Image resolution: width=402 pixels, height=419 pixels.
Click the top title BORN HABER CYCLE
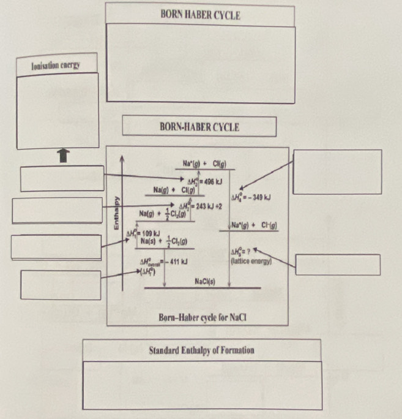point(200,15)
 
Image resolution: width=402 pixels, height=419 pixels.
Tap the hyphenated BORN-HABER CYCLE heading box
point(199,127)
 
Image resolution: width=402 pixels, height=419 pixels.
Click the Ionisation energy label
point(56,64)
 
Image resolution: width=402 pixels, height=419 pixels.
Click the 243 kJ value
point(205,207)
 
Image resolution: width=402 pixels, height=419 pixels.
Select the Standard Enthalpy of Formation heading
point(202,350)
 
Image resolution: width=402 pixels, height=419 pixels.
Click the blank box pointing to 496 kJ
point(62,178)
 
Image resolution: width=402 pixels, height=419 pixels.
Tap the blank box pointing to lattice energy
point(338,265)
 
